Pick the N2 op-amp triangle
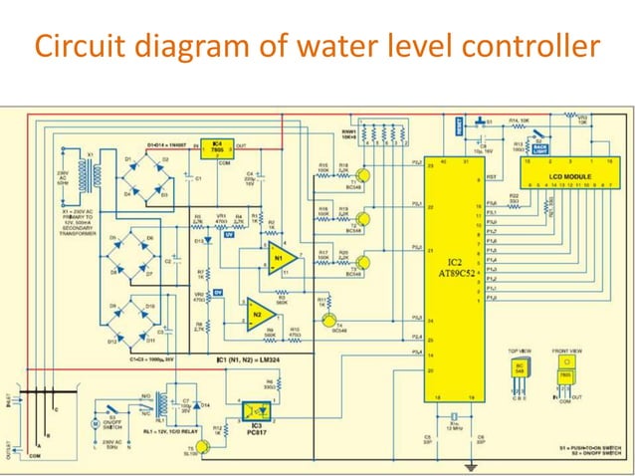pyautogui.click(x=258, y=315)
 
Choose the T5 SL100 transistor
pyautogui.click(x=202, y=448)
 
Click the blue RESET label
pyautogui.click(x=459, y=127)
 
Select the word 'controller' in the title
pyautogui.click(x=518, y=47)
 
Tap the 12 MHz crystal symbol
pyautogui.click(x=453, y=417)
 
